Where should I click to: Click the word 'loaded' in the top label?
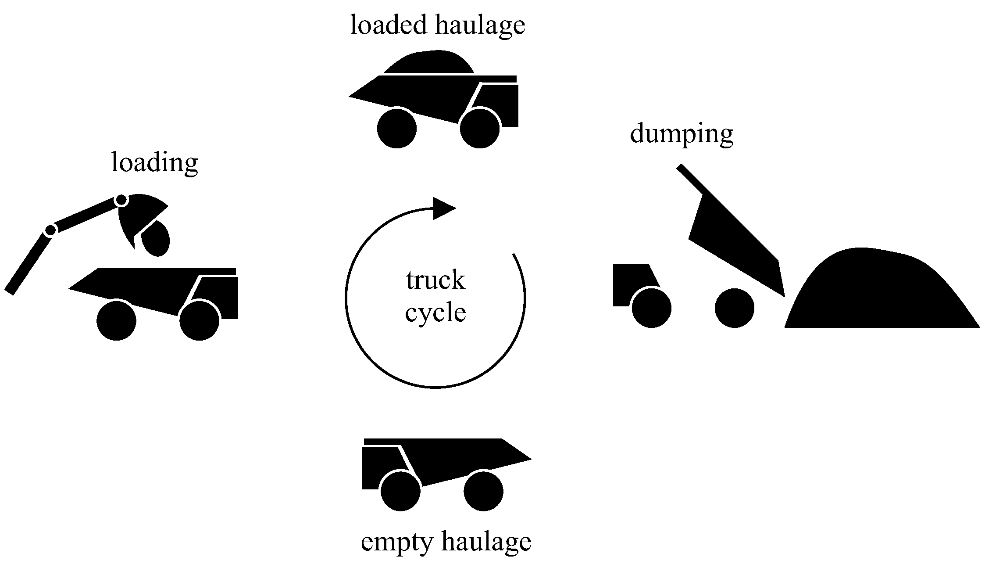click(388, 25)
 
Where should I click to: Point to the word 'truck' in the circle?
click(435, 280)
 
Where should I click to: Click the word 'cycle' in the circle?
click(435, 313)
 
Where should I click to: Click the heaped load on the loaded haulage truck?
click(429, 64)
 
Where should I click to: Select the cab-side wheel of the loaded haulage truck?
click(480, 129)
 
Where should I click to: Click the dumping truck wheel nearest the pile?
click(734, 308)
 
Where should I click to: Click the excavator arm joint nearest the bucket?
click(121, 200)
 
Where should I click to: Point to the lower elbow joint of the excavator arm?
click(50, 230)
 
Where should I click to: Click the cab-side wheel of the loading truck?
click(200, 320)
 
